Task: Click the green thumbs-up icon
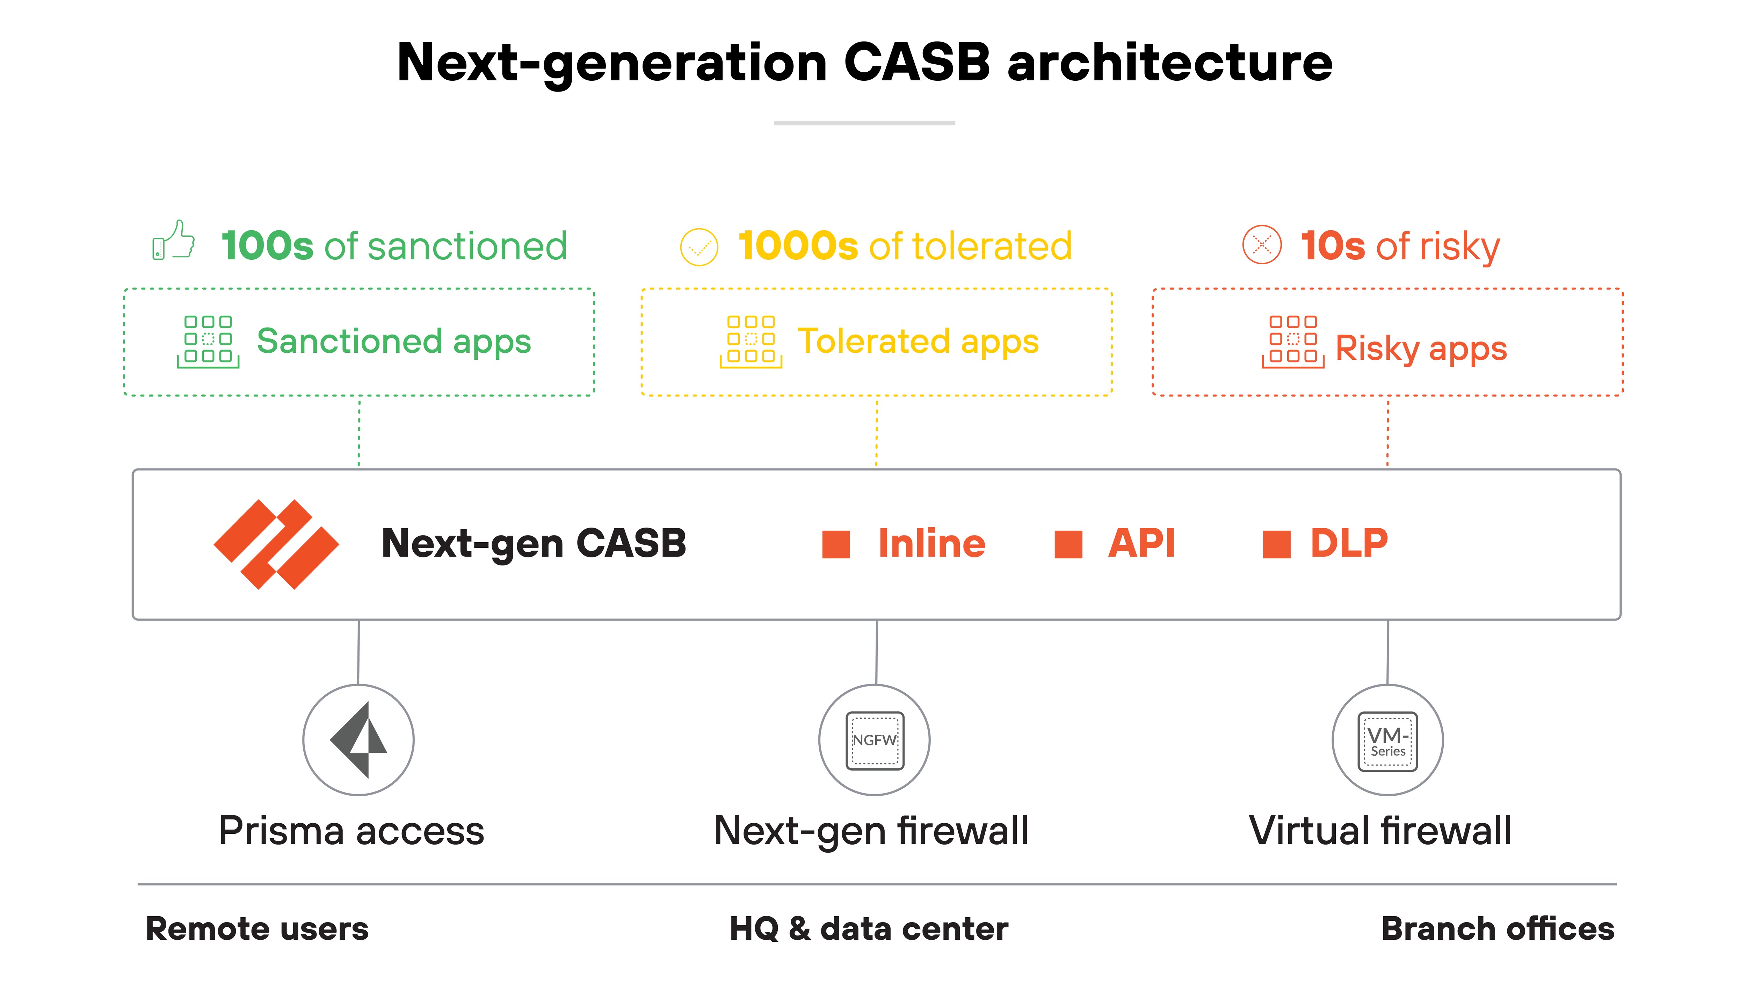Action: (174, 241)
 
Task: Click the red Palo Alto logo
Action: (276, 544)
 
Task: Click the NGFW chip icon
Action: (875, 740)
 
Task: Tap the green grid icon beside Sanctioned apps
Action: (208, 341)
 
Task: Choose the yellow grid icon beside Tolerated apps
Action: (751, 341)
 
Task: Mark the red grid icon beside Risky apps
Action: (1293, 341)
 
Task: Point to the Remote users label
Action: (257, 929)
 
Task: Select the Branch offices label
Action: (1498, 929)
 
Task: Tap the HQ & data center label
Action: (869, 929)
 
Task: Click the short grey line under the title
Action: (865, 123)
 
